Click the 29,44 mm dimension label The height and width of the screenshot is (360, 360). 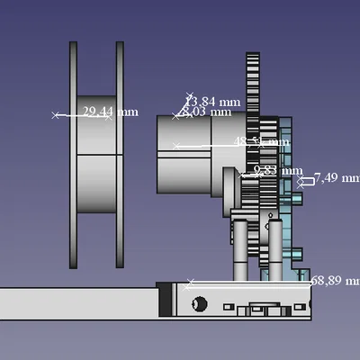tap(110, 112)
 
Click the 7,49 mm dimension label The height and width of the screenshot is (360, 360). tap(337, 178)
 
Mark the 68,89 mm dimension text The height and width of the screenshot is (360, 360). tap(335, 281)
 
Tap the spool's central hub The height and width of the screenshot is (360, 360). tap(96, 155)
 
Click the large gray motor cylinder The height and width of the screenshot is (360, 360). tap(193, 153)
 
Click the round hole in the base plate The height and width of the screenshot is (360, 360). tap(200, 304)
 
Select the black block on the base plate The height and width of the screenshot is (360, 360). tap(164, 300)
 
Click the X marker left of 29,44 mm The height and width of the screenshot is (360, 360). tap(56, 115)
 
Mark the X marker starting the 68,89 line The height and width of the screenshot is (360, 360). tap(189, 284)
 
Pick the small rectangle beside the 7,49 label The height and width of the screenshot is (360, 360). tap(306, 181)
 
